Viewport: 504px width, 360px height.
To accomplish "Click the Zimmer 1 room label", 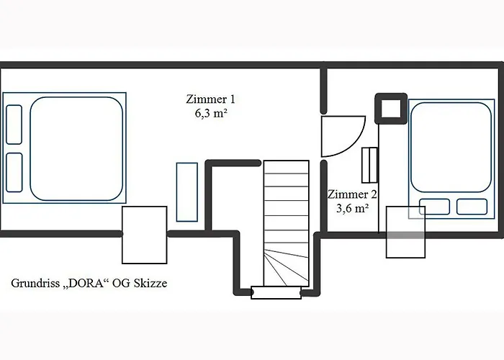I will point(210,99).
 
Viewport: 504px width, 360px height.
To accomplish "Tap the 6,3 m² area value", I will point(210,113).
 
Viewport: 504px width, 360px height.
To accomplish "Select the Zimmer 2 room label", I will point(351,194).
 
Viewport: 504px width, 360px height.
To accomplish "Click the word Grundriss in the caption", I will point(35,284).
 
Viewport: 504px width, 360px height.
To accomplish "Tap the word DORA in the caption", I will point(86,283).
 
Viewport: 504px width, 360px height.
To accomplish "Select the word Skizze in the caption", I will point(148,283).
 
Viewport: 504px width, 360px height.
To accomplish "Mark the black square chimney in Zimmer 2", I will point(390,109).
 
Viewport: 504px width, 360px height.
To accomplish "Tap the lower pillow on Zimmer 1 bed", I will point(14,172).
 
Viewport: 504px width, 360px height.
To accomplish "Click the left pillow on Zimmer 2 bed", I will point(434,207).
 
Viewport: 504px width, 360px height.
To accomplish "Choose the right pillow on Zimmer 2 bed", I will point(472,207).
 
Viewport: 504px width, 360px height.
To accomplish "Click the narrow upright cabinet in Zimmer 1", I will point(187,192).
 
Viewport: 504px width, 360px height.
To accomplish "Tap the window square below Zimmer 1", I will point(145,235).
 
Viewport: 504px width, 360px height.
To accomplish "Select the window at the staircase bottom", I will point(275,292).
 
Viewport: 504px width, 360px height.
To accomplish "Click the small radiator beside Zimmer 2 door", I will point(369,165).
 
